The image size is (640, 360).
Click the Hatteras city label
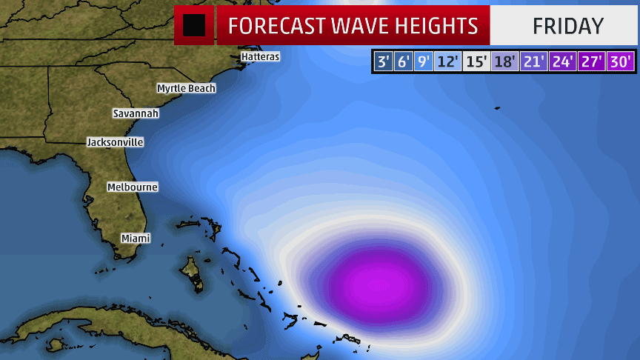(x=260, y=56)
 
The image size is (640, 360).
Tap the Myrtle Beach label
(x=186, y=88)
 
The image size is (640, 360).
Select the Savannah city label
(x=136, y=113)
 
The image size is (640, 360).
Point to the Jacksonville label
(x=115, y=141)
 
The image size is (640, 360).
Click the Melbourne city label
(x=132, y=187)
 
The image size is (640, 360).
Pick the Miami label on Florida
(x=136, y=238)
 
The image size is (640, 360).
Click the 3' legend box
(x=383, y=61)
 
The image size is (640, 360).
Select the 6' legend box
(x=403, y=61)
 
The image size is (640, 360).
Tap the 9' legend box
(x=423, y=61)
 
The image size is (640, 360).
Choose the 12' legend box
(x=447, y=61)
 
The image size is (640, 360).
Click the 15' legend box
(x=476, y=61)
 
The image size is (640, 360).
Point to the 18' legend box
(x=504, y=61)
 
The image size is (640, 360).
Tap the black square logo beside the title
(x=194, y=25)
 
